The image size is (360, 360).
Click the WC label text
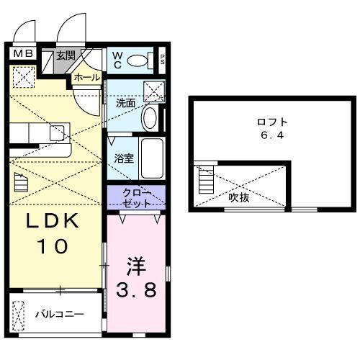coord(115,60)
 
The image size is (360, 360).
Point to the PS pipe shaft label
coord(162,60)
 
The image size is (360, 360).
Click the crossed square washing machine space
coord(153,91)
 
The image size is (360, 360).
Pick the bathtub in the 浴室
coord(151,158)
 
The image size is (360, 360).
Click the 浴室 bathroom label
coord(123,158)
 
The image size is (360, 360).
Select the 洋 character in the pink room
coord(136,266)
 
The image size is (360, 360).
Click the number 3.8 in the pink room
coord(136,292)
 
